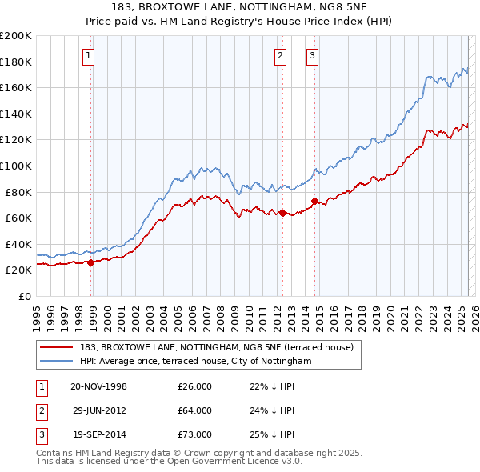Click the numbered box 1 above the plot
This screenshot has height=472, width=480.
87,55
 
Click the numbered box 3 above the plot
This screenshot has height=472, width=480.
312,55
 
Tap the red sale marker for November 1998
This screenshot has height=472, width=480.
91,262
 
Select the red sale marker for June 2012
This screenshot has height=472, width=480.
282,213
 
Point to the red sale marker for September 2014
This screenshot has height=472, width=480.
314,201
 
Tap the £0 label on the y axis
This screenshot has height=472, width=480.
24,296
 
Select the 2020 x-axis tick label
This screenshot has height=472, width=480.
390,314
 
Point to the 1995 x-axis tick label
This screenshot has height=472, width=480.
37,314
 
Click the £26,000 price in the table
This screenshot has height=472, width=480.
194,386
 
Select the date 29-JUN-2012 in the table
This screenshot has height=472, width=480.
99,410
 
